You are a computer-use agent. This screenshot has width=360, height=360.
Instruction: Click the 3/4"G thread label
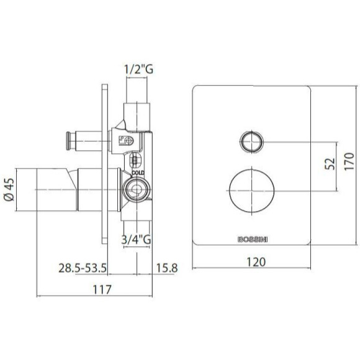coord(136,237)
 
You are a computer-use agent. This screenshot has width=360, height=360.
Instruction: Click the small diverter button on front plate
coord(250,142)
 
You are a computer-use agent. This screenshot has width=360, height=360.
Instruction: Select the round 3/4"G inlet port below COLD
coord(135,189)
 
